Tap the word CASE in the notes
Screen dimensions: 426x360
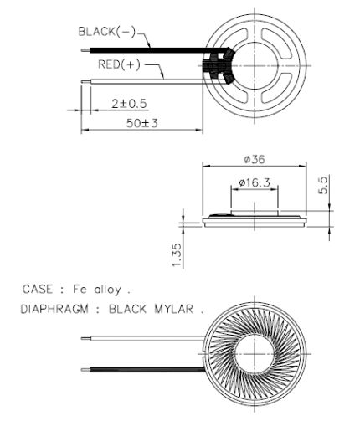[x=38, y=290]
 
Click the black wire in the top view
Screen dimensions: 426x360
[x=142, y=50]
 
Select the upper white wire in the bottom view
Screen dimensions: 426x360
[x=142, y=339]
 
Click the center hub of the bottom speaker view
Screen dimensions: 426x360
[x=255, y=352]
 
